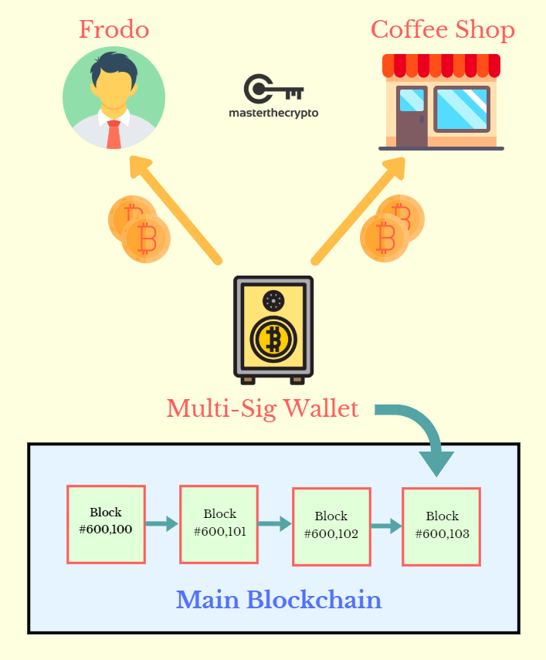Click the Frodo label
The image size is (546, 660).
pyautogui.click(x=114, y=29)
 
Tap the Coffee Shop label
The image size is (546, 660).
pyautogui.click(x=443, y=29)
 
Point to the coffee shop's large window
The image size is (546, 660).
pyautogui.click(x=461, y=109)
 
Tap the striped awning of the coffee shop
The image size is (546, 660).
pyautogui.click(x=441, y=65)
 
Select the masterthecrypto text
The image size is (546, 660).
pyautogui.click(x=273, y=113)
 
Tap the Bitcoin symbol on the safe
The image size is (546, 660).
pyautogui.click(x=273, y=338)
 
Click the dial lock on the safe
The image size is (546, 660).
pyautogui.click(x=273, y=300)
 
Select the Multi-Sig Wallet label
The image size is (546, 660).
pyautogui.click(x=263, y=408)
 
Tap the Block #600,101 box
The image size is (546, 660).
pyautogui.click(x=219, y=523)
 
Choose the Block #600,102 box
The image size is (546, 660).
pyautogui.click(x=331, y=526)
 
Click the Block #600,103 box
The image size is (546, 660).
pyautogui.click(x=442, y=525)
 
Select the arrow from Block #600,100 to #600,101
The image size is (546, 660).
pyautogui.click(x=161, y=523)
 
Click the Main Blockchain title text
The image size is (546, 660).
pyautogui.click(x=279, y=600)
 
